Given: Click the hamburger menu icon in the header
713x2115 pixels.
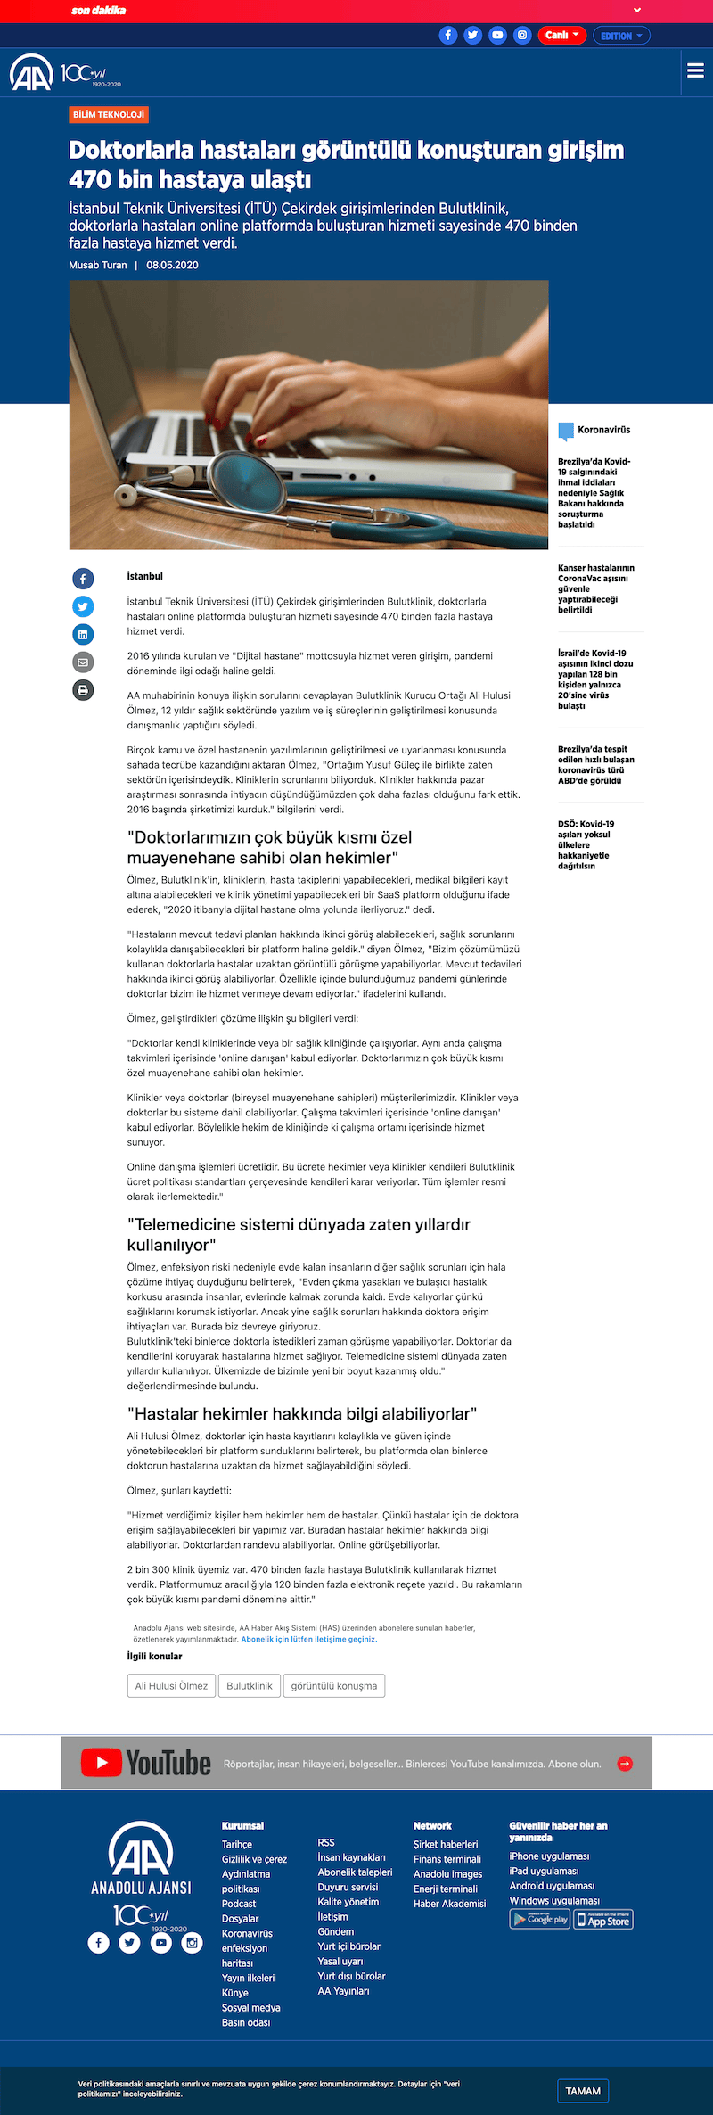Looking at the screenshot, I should pos(695,71).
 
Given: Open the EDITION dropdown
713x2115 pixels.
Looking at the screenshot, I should pos(621,36).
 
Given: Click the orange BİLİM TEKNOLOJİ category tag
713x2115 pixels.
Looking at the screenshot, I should pos(109,115).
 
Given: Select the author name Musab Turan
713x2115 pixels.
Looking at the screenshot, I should pos(98,266).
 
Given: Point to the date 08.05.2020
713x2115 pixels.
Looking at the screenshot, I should pos(172,266).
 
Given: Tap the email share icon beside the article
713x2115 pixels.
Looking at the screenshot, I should pos(83,662).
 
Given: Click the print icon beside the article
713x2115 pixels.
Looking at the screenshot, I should pos(83,690).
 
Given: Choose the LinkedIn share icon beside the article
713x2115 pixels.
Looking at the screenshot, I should pos(83,635).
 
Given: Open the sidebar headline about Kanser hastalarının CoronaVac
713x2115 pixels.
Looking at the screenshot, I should pos(595,588).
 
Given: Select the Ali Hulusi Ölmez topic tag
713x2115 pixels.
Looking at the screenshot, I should pos(171,1686).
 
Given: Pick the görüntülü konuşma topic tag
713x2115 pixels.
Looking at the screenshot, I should pos(334,1686).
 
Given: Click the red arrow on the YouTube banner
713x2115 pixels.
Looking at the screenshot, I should pos(625,1763).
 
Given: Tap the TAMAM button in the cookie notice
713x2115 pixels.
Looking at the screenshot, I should pos(583,2091).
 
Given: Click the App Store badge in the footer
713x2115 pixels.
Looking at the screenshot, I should pos(603,1920).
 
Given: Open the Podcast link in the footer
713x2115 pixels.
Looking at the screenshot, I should pos(239,1904).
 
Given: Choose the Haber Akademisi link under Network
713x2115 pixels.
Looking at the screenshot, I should pos(449,1904).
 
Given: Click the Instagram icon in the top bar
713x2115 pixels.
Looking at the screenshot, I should pos(522,36).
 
